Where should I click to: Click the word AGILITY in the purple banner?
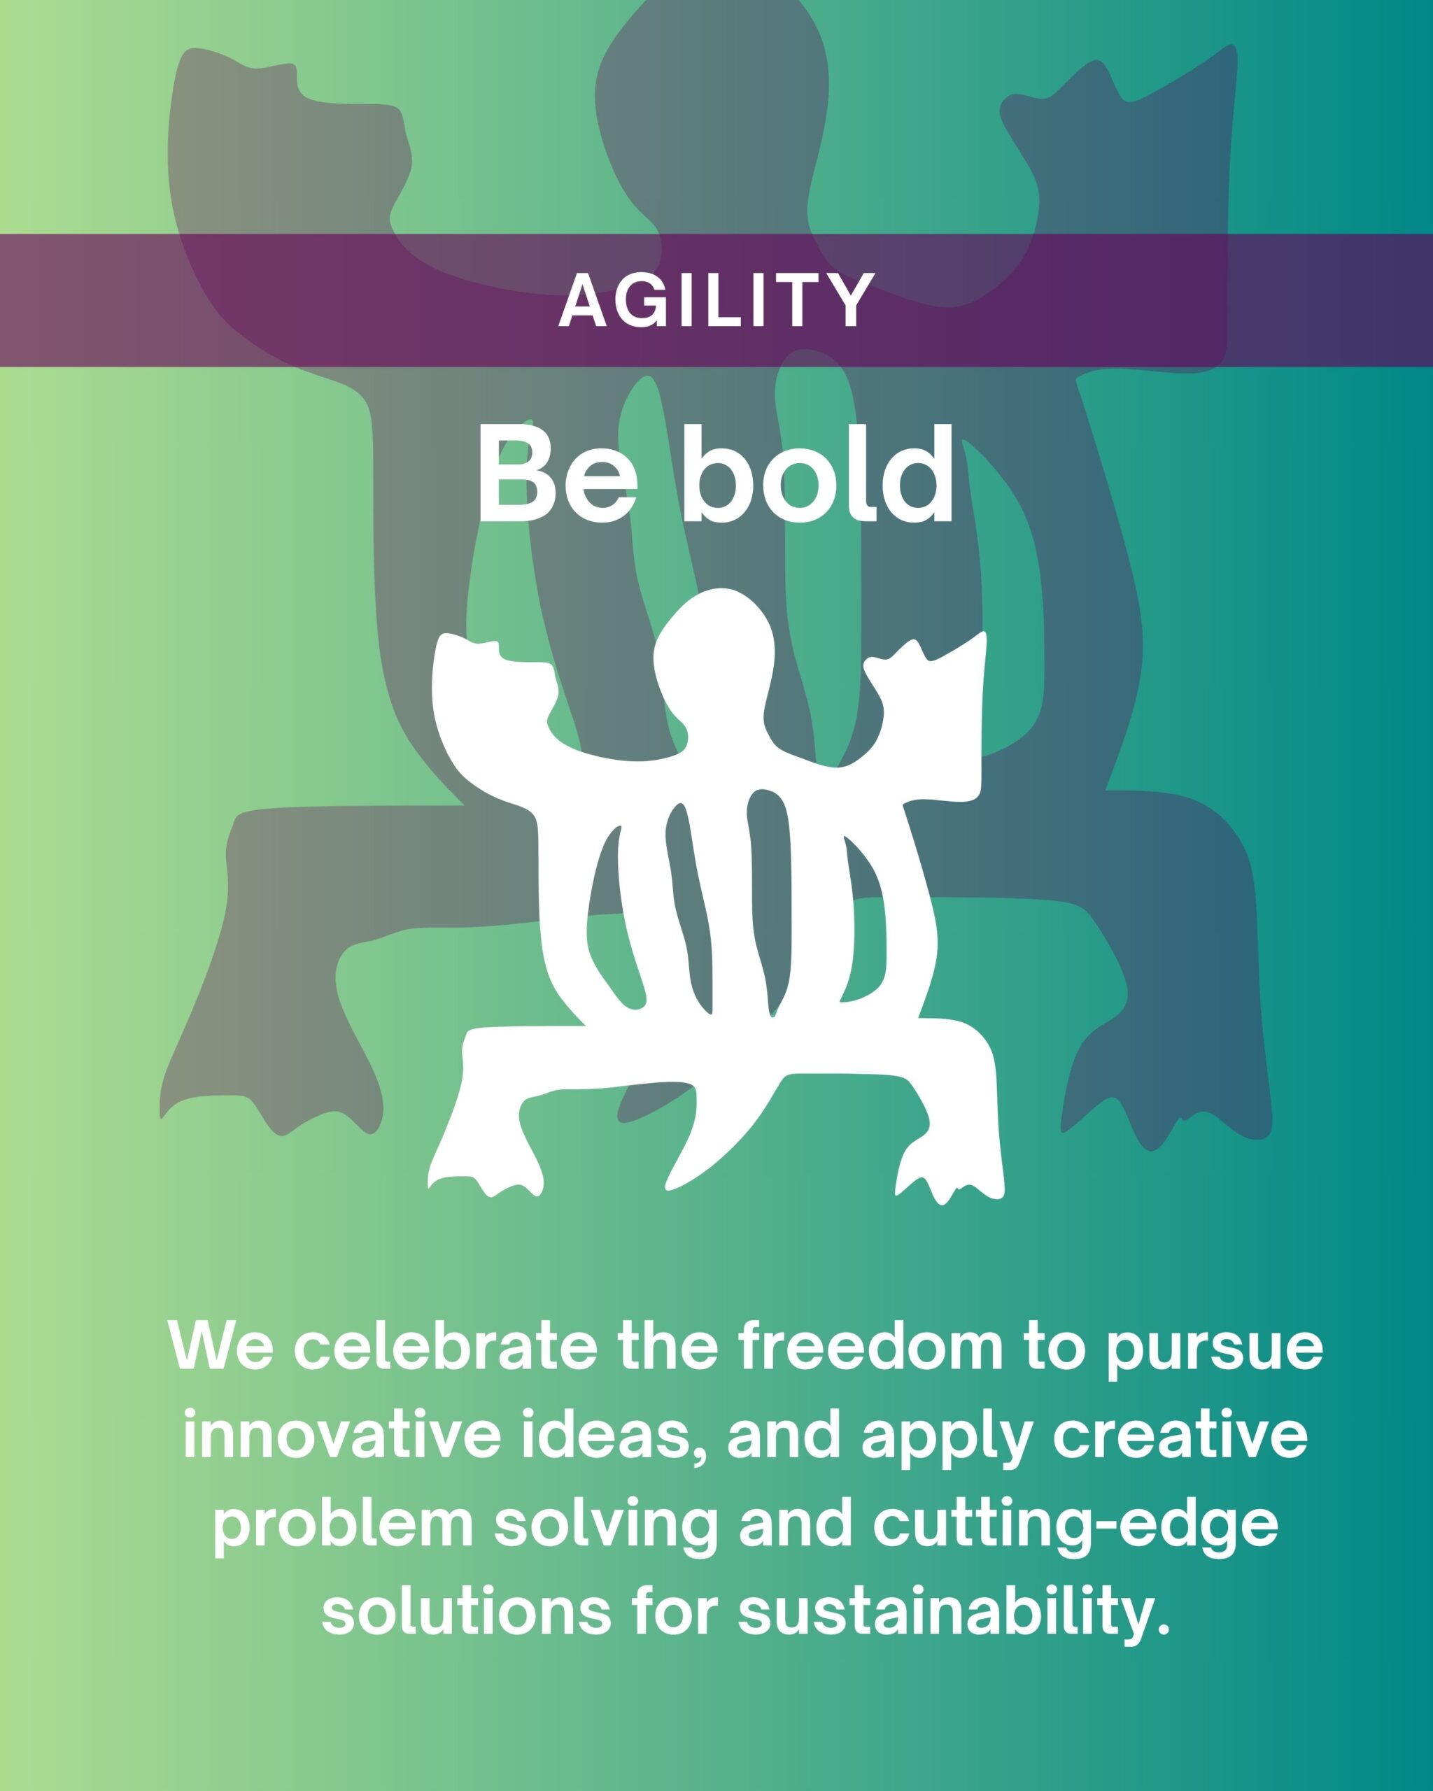(x=716, y=301)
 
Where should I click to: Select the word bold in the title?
(x=818, y=474)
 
